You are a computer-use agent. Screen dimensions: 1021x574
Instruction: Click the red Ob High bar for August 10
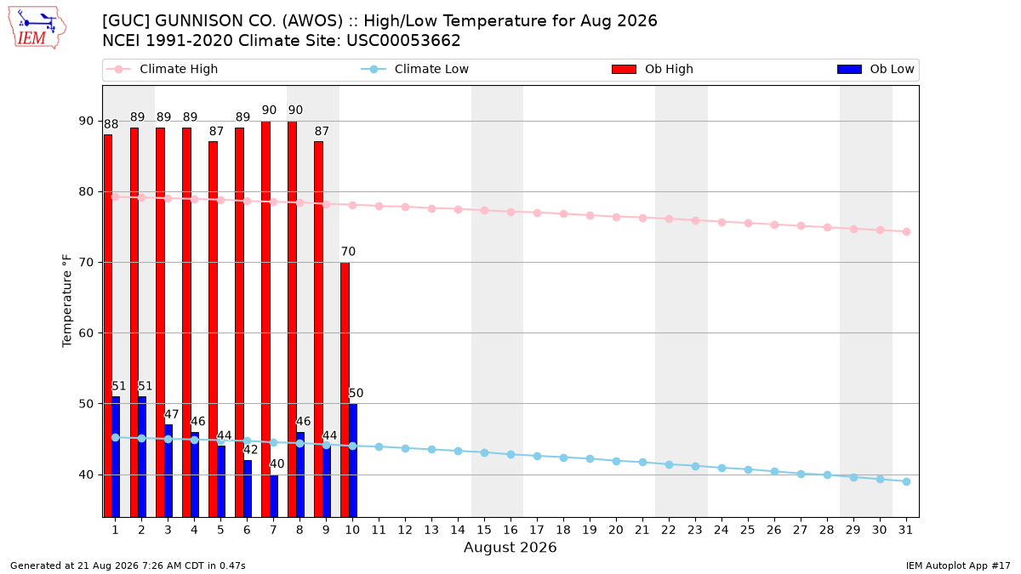tap(345, 389)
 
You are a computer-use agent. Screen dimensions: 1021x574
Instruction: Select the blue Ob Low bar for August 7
tap(274, 496)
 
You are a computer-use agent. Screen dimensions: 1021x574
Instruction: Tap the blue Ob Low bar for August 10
tap(353, 460)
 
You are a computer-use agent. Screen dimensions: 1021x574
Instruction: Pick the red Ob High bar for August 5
tap(213, 329)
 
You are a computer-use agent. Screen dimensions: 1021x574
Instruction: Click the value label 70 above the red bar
tap(348, 252)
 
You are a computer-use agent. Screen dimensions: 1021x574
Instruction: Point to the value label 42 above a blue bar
tap(250, 450)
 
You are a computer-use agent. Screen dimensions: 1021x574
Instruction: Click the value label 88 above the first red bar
tap(111, 124)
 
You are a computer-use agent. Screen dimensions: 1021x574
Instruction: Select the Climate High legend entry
tap(163, 69)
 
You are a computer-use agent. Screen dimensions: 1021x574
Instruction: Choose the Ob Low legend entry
tap(876, 69)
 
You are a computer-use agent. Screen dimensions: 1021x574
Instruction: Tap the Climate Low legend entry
tap(415, 69)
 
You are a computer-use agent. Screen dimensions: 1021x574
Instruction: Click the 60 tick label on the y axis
tap(86, 333)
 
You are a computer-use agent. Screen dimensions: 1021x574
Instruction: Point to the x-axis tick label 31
tap(905, 530)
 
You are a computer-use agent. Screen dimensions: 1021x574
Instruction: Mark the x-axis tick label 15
tap(484, 530)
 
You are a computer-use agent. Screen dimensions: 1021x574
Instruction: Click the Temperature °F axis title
tap(67, 301)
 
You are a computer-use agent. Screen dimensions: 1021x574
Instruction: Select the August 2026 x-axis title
tap(510, 547)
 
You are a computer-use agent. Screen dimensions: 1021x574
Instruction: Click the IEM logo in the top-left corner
tap(37, 27)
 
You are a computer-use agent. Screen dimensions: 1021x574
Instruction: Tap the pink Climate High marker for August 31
tap(906, 232)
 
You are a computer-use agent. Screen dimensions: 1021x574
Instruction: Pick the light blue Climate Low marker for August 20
tap(616, 462)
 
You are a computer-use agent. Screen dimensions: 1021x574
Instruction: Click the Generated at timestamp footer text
tap(128, 565)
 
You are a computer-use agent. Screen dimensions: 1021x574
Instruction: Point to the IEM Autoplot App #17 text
tap(958, 565)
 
